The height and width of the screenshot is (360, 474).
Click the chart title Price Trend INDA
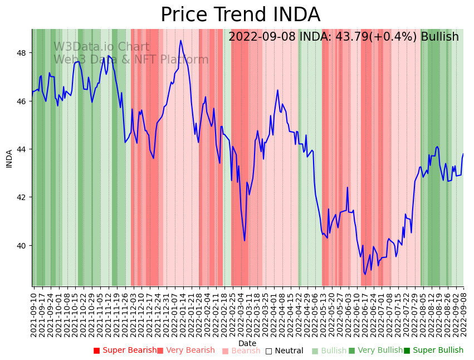240,15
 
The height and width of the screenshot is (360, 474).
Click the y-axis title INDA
9,158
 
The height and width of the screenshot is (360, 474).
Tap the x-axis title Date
247,343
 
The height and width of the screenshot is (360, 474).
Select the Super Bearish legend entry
125,351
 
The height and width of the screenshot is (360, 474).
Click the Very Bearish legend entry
185,351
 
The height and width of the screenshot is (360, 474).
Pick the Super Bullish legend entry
433,351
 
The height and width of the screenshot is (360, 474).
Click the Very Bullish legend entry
375,351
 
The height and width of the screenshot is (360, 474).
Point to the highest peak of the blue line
180,40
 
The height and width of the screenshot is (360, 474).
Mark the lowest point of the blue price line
365,274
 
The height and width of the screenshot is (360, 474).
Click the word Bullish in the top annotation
439,37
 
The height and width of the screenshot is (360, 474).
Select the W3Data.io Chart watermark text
101,47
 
